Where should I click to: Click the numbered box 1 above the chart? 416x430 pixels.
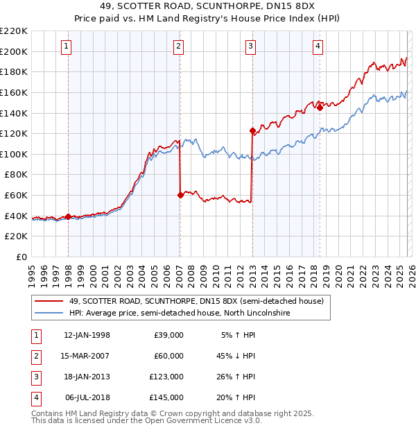pos(66,46)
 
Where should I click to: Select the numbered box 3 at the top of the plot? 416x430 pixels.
pos(250,46)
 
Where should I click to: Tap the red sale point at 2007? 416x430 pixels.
pos(180,195)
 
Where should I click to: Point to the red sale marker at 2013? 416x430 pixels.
pos(252,130)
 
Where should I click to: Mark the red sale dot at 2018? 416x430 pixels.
pos(320,108)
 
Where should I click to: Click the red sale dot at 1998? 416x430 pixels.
pos(68,216)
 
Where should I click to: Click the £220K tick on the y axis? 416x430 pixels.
pos(14,31)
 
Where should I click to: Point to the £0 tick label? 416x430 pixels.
pos(23,257)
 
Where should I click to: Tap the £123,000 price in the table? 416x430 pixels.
pos(166,377)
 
